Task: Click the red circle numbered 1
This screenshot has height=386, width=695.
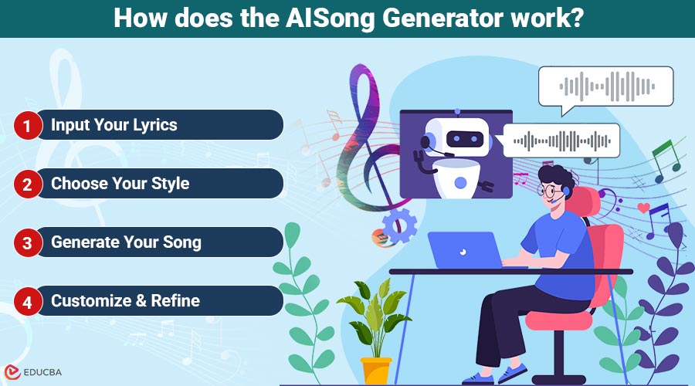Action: pos(27,125)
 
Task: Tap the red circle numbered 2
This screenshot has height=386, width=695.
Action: pos(27,185)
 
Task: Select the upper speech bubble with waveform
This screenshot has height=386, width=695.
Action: pos(605,86)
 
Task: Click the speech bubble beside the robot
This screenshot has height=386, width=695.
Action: pos(561,140)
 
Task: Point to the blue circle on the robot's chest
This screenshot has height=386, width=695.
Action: pos(461,182)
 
